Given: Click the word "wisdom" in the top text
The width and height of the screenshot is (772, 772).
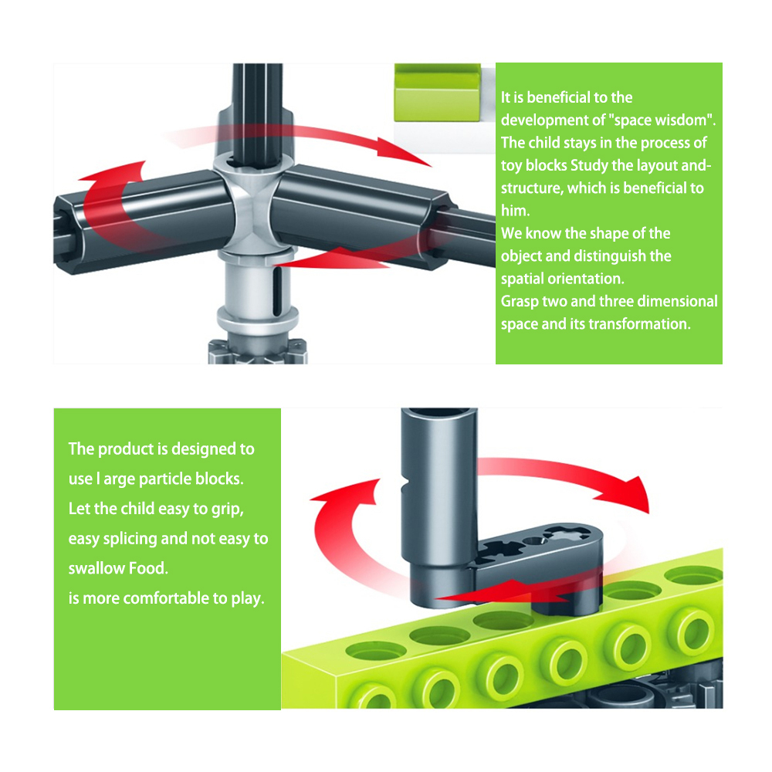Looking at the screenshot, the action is point(683,120).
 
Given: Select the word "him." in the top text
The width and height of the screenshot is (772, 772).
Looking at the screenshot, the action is point(516,211).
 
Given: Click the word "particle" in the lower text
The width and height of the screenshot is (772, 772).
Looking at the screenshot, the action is point(165,479).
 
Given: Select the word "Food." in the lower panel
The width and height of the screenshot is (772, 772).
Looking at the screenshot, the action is point(148,568).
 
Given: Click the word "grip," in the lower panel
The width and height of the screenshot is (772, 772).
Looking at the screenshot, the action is point(228,509).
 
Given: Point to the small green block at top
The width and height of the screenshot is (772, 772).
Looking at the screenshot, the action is point(437,93).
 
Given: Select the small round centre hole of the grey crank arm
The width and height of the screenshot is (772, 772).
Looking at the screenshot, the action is point(533,540).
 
